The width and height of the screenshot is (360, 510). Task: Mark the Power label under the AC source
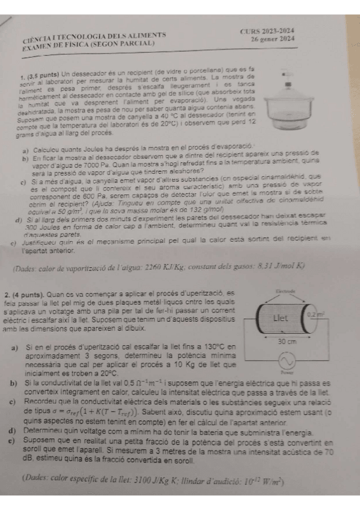tap(285, 373)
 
